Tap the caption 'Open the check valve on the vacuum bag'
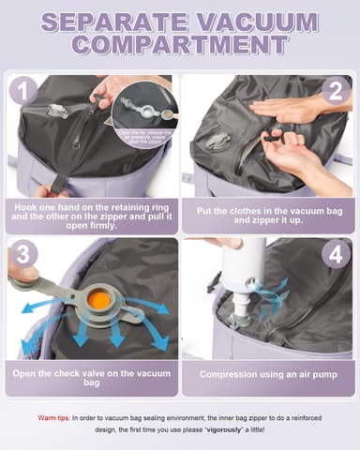91,379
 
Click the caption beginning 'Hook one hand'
91,213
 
